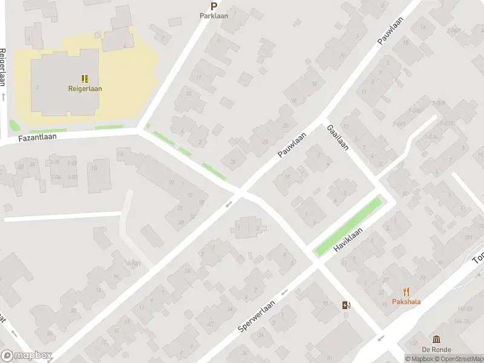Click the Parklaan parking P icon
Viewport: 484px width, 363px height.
tap(214, 6)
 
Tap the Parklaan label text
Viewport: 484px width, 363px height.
tap(214, 16)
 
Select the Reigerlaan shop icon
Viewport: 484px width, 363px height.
tap(85, 79)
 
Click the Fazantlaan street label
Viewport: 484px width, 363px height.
tap(37, 138)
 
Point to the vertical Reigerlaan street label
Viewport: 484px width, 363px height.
tap(3, 67)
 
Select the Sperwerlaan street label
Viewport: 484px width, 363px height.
tap(257, 316)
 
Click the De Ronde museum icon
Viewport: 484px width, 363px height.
tap(436, 340)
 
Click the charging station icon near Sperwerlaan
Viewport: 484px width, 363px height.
tap(345, 306)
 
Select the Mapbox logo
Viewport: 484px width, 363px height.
tap(27, 356)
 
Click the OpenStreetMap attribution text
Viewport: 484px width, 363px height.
tap(457, 359)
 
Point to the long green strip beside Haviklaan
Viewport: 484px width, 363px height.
tap(348, 225)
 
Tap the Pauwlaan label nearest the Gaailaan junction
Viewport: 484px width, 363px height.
tap(293, 145)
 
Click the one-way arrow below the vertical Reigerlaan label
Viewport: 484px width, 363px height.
tap(4, 97)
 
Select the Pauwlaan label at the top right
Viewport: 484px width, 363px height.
tap(390, 31)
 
